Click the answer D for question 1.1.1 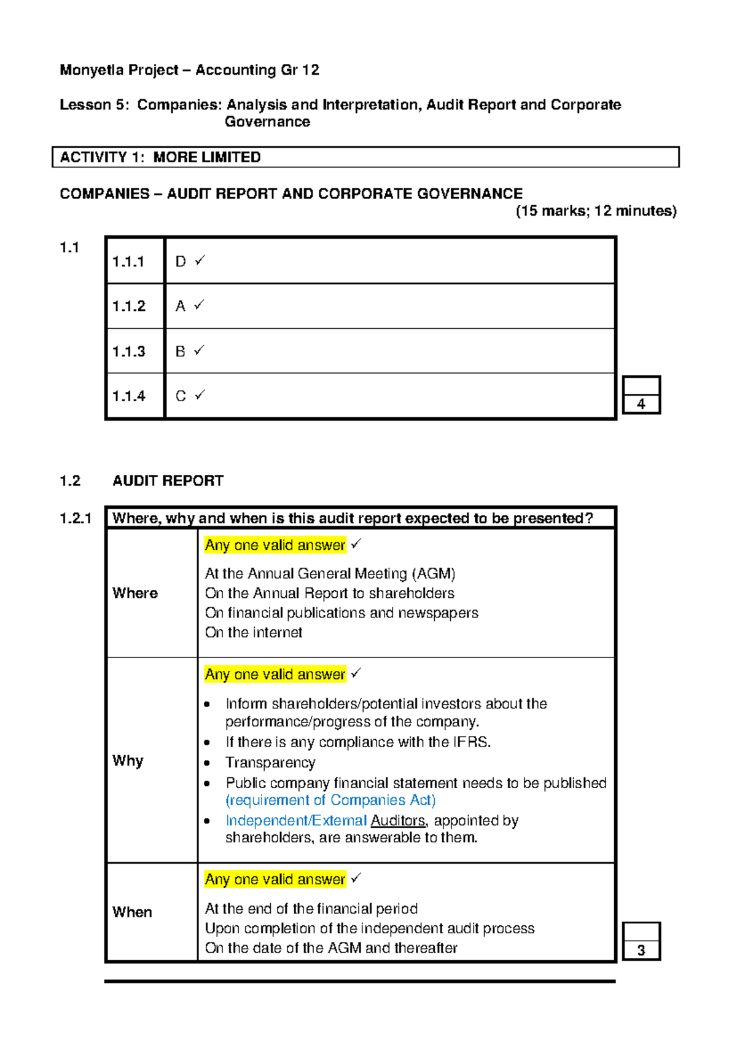[x=180, y=262]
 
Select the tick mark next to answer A [x=199, y=305]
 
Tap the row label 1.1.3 [x=128, y=351]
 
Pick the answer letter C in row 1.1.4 [x=181, y=396]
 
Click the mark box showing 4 [x=641, y=404]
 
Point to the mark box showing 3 [x=641, y=950]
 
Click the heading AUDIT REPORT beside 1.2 [x=168, y=481]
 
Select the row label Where [x=135, y=593]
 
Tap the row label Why [x=128, y=761]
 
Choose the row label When [x=132, y=912]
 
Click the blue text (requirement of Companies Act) [x=330, y=800]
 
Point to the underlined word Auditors [x=398, y=821]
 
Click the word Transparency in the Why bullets [x=270, y=762]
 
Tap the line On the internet [x=254, y=633]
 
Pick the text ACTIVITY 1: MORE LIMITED [x=160, y=157]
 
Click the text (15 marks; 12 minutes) [x=596, y=211]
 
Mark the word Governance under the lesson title [x=267, y=122]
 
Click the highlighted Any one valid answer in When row [x=275, y=879]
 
